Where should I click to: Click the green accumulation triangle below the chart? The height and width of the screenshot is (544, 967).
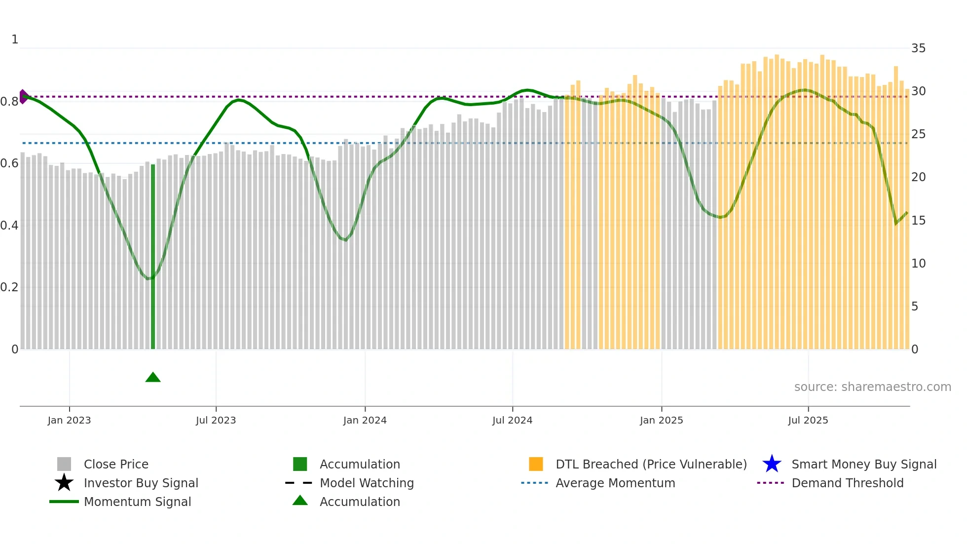(x=153, y=378)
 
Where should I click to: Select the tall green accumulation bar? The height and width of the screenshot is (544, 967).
(x=153, y=257)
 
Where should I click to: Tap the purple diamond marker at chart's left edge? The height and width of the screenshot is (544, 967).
(x=23, y=97)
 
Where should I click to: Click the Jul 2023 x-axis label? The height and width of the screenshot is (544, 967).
(x=216, y=420)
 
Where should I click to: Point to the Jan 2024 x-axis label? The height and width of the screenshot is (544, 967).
(x=365, y=420)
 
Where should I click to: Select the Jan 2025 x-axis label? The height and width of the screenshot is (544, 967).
(x=661, y=420)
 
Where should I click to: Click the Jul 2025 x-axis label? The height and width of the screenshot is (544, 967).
(x=808, y=420)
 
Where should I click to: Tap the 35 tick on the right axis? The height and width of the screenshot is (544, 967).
(x=918, y=48)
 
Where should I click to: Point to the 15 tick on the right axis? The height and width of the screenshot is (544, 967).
(x=918, y=221)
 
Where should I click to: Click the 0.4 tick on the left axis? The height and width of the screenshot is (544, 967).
(x=9, y=226)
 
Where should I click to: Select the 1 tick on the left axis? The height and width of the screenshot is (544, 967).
(x=15, y=39)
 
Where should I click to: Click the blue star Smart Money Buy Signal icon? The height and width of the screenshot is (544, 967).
(x=772, y=464)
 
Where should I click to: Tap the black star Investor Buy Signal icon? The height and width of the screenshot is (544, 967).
(x=64, y=483)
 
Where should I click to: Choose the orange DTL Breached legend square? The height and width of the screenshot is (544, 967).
(x=536, y=464)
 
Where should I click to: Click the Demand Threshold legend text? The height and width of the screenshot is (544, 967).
(x=847, y=483)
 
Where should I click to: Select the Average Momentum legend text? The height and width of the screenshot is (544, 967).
(x=615, y=483)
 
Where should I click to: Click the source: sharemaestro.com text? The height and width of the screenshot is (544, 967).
(x=872, y=387)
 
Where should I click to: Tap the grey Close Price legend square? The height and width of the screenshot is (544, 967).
(x=64, y=464)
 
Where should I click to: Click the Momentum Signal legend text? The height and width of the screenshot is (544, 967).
(x=137, y=502)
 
